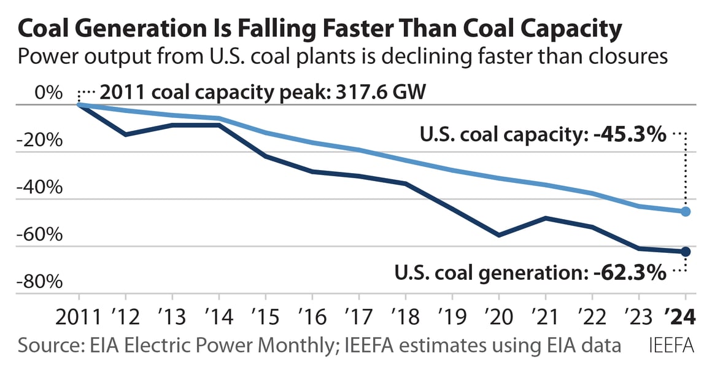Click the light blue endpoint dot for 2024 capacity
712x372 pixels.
tap(686, 212)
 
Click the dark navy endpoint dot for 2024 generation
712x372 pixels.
tap(686, 252)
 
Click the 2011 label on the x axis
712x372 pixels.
tap(79, 317)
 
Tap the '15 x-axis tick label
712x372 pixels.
tap(265, 317)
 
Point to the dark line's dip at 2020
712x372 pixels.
tap(498, 235)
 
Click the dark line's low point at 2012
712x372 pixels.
tap(125, 134)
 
